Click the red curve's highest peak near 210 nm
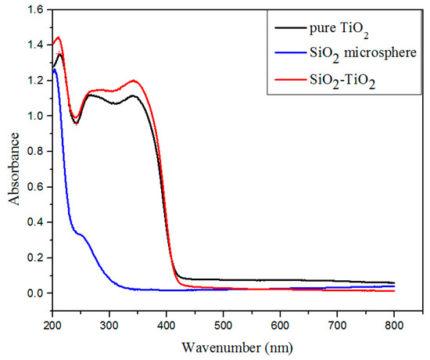pos(58,38)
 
